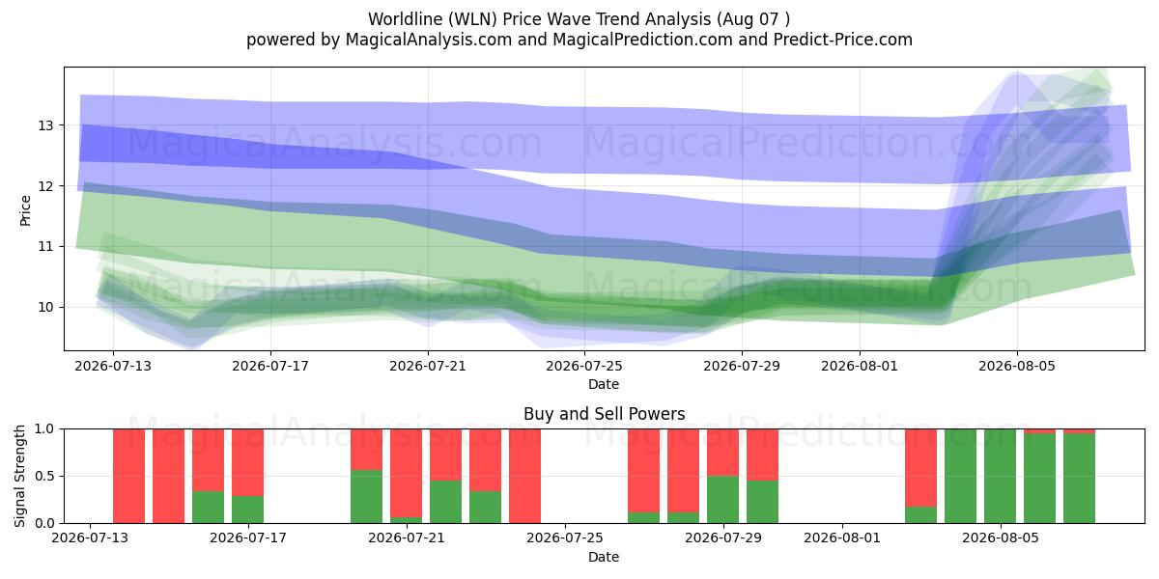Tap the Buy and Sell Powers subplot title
(x=604, y=414)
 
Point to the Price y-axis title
(x=25, y=210)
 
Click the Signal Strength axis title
(x=19, y=476)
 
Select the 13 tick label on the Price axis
(x=45, y=125)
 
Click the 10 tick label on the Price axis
(x=45, y=307)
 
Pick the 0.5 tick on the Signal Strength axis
(x=44, y=476)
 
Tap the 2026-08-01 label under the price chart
(x=860, y=366)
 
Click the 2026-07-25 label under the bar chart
(x=564, y=538)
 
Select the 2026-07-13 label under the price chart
(x=113, y=366)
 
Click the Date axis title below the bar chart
(x=604, y=557)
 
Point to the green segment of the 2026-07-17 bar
(x=248, y=510)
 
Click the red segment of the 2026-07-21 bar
(x=407, y=473)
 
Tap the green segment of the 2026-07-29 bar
(x=722, y=500)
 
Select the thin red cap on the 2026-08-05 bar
(x=1039, y=431)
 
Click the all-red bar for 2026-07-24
(x=524, y=476)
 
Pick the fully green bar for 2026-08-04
(x=960, y=476)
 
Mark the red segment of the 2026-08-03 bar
(x=921, y=468)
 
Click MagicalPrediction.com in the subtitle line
(x=642, y=40)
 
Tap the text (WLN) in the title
(x=472, y=19)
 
